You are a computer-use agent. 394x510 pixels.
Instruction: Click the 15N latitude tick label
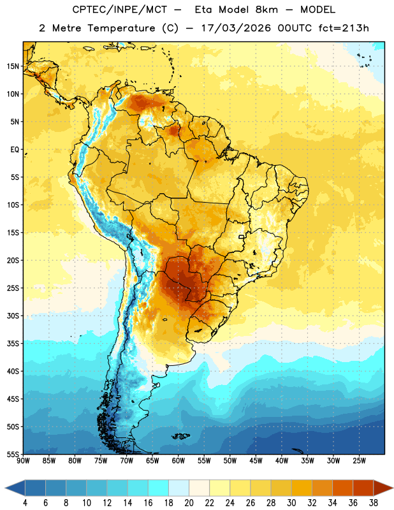[13, 66]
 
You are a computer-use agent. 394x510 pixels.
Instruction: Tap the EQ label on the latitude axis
[15, 150]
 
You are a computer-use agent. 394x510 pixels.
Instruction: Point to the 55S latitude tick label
[13, 454]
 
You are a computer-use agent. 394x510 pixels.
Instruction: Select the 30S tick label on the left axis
[13, 316]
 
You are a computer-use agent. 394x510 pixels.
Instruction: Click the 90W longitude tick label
[23, 461]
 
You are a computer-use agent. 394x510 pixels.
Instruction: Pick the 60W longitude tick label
[179, 461]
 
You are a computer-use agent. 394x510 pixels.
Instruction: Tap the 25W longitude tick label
[359, 461]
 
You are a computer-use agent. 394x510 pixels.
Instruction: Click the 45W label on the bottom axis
[256, 461]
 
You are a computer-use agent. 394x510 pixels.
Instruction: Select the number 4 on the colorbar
[25, 503]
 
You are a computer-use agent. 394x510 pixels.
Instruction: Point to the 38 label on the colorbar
[373, 503]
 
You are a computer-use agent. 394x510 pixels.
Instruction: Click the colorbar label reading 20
[189, 503]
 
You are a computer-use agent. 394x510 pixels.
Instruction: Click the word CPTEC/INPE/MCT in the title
[120, 10]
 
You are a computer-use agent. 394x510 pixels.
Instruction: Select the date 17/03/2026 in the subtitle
[236, 28]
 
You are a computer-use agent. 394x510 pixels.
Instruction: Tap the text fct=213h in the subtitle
[344, 28]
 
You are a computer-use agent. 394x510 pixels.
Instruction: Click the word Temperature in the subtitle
[121, 29]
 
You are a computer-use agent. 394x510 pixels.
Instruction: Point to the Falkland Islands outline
[181, 436]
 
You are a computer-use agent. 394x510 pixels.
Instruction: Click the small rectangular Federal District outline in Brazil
[242, 237]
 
